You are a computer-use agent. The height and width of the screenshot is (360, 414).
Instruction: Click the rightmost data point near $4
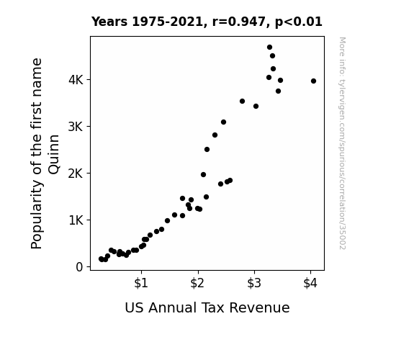pos(313,81)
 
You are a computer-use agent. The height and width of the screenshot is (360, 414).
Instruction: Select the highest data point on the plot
pos(269,48)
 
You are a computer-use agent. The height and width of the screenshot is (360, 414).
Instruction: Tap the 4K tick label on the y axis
pos(76,80)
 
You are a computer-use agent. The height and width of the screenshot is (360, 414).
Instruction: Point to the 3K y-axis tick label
pos(76,127)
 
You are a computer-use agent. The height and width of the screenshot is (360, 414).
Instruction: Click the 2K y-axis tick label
pos(76,174)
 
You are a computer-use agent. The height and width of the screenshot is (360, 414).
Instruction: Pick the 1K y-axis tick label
pos(76,220)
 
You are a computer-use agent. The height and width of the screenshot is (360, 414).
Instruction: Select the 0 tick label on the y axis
pos(79,267)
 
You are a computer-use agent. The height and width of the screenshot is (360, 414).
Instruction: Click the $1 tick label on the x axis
pos(141,283)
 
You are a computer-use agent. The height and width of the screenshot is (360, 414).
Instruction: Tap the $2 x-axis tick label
pos(197,283)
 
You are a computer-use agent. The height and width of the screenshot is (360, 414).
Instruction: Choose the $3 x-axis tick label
pos(254,283)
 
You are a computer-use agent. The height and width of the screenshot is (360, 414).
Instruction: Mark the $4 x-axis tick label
pos(310,283)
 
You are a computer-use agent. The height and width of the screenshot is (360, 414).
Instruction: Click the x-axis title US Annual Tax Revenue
pos(207,307)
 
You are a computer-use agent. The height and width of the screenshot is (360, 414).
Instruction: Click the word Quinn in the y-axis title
pos(54,155)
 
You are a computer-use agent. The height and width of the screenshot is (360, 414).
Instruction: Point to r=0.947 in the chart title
pos(239,22)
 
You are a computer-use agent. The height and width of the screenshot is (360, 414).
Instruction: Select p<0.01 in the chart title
pos(299,22)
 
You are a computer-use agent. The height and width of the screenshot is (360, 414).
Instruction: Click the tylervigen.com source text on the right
pos(342,143)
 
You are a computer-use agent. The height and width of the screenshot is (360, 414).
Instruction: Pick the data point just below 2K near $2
pos(203,174)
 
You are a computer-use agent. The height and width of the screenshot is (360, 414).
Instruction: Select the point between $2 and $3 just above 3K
pos(223,122)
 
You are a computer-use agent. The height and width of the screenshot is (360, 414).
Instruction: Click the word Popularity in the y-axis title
pos(37,215)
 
